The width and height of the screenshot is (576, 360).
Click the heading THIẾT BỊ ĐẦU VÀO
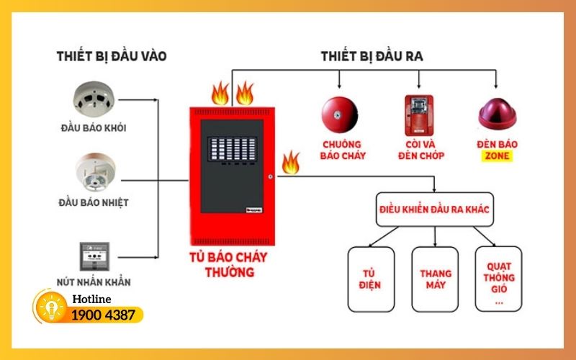coord(111,55)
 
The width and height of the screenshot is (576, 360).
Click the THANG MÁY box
coord(436,279)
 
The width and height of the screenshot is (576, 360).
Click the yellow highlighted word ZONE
coord(496,156)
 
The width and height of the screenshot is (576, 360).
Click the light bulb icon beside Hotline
coord(50,307)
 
